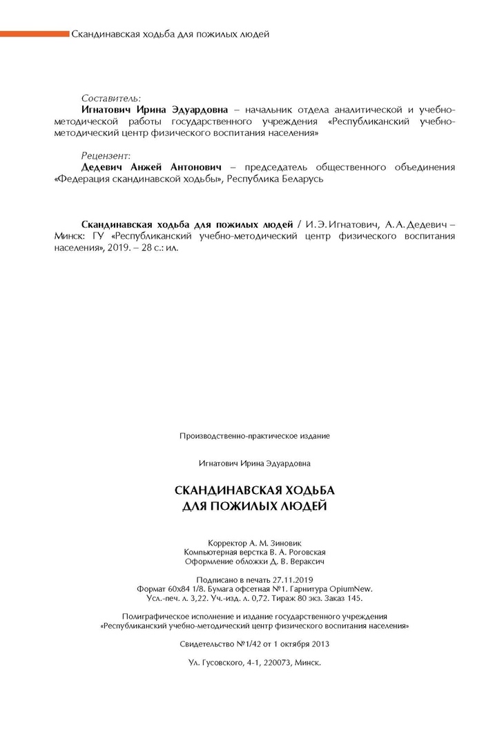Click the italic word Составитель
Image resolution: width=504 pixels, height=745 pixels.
click(110, 98)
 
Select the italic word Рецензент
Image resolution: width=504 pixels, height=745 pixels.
click(106, 156)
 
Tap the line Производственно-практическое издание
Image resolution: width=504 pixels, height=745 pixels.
click(255, 436)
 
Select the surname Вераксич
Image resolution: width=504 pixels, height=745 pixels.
click(304, 562)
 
